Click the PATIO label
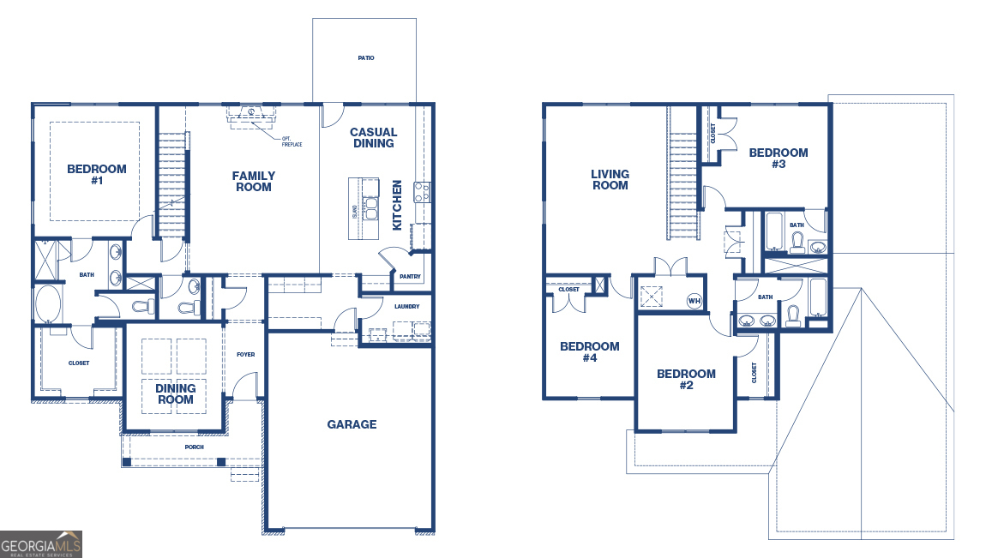365,58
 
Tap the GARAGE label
352,424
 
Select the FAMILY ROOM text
253,182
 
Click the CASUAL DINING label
373,138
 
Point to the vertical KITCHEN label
397,205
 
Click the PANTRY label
410,277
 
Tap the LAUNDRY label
406,306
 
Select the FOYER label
246,354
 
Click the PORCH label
195,447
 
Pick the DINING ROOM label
175,394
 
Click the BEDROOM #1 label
97,175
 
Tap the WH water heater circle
694,301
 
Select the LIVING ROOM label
610,180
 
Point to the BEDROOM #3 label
778,159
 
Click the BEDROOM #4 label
589,352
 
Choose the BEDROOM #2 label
686,380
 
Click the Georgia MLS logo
41,543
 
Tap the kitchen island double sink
371,208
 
